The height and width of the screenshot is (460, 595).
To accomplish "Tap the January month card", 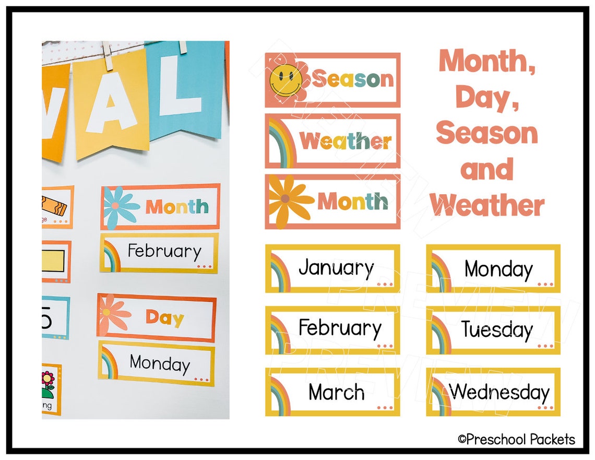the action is pos(332,268).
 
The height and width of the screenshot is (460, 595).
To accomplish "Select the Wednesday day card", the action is pos(493,392).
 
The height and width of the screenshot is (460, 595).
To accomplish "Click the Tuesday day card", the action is pos(493,330).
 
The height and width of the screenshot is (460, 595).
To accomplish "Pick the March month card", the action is pos(332,392).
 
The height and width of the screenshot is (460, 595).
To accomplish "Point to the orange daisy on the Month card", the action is pos(288,200).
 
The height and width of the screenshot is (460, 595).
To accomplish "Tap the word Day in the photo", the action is pos(165,317).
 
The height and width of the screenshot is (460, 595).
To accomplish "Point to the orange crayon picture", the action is pos(54,206).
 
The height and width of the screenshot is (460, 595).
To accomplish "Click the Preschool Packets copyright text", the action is pos(516,439).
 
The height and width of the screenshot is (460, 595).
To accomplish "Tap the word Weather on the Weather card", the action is pos(346,141).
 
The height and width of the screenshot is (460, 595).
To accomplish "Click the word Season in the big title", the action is pos(487,133).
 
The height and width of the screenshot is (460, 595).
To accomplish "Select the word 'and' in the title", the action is pos(487,169).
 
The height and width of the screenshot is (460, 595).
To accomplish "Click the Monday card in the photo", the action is pos(157,363).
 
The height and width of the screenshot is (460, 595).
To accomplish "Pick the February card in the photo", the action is pos(159,253).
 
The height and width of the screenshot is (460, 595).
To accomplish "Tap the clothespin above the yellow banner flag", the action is pos(108,56).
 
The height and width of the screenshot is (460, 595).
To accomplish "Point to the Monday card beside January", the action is pos(493,268).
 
